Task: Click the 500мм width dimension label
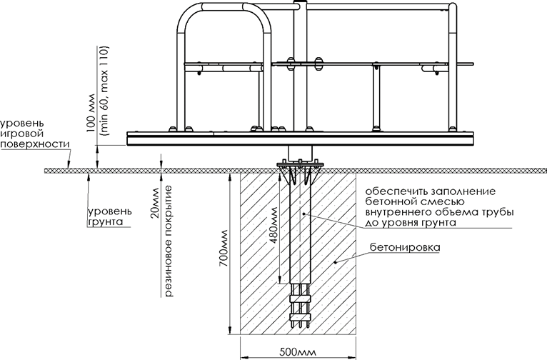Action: [298, 351]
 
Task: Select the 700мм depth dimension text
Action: [224, 249]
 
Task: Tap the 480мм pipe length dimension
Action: [273, 225]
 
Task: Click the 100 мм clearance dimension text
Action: [91, 113]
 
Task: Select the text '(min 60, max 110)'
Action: [104, 91]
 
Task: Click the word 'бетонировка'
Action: [405, 248]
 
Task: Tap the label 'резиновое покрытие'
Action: [169, 241]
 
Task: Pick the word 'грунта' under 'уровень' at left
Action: [106, 222]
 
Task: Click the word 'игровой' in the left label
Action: [22, 134]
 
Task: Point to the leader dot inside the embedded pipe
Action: [304, 214]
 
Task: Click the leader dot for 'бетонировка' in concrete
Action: [335, 261]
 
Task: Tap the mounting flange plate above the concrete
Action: [299, 164]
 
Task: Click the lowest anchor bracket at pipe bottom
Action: [300, 316]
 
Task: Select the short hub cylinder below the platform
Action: [300, 153]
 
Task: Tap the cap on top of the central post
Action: [300, 4]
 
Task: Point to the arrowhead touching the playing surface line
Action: [69, 165]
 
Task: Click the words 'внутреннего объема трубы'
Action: [440, 212]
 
